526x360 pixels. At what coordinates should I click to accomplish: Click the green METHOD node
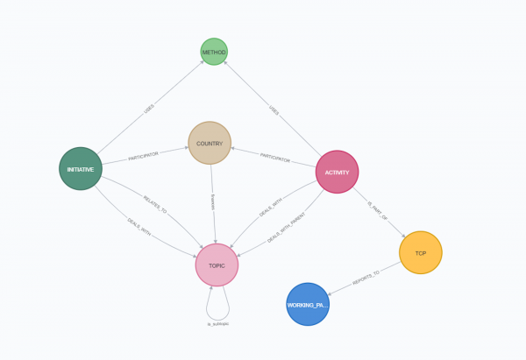tap(214, 52)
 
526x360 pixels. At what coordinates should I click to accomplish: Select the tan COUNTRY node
tap(210, 143)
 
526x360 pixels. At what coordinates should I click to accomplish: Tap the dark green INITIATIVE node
tap(81, 168)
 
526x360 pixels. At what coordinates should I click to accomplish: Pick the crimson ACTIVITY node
tap(337, 172)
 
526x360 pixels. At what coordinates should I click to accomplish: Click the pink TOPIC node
tap(217, 265)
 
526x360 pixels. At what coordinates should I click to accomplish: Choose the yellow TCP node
tap(420, 252)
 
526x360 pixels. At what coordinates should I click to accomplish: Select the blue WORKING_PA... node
tap(308, 304)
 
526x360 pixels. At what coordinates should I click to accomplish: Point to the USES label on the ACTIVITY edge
tap(274, 111)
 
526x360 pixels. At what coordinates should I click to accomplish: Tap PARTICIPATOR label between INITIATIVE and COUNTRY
tap(146, 159)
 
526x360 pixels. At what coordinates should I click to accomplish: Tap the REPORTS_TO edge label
tap(366, 274)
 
